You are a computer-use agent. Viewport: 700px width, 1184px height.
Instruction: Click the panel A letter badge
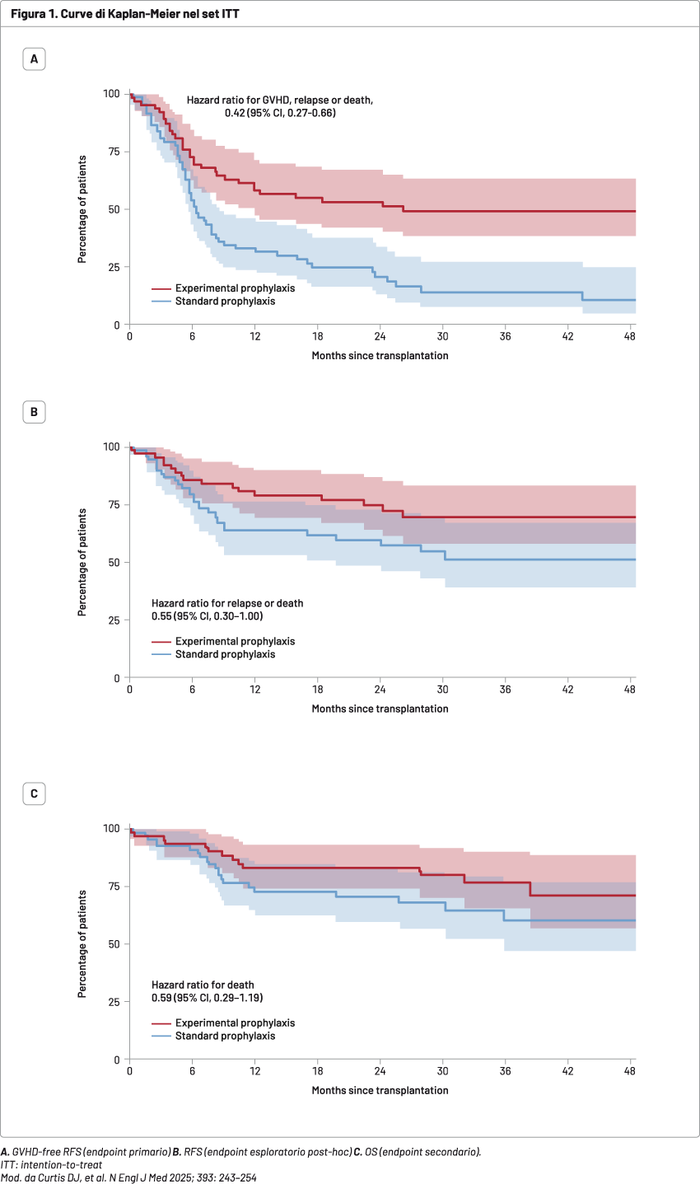[34, 59]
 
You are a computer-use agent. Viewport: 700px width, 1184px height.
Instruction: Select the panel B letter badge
[34, 412]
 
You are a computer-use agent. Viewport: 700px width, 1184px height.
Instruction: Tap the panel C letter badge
[34, 794]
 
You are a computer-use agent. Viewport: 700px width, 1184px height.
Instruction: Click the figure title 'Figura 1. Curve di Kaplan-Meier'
[126, 12]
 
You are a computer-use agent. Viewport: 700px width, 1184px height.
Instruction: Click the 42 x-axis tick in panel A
[568, 338]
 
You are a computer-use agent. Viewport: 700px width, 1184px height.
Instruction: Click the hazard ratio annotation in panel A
[280, 105]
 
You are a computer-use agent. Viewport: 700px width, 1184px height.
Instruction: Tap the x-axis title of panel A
[380, 355]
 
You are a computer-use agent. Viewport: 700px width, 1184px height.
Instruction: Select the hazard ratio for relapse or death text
[226, 609]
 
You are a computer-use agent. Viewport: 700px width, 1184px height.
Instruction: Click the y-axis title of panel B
[83, 562]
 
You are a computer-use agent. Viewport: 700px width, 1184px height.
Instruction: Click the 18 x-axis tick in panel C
[318, 1072]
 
